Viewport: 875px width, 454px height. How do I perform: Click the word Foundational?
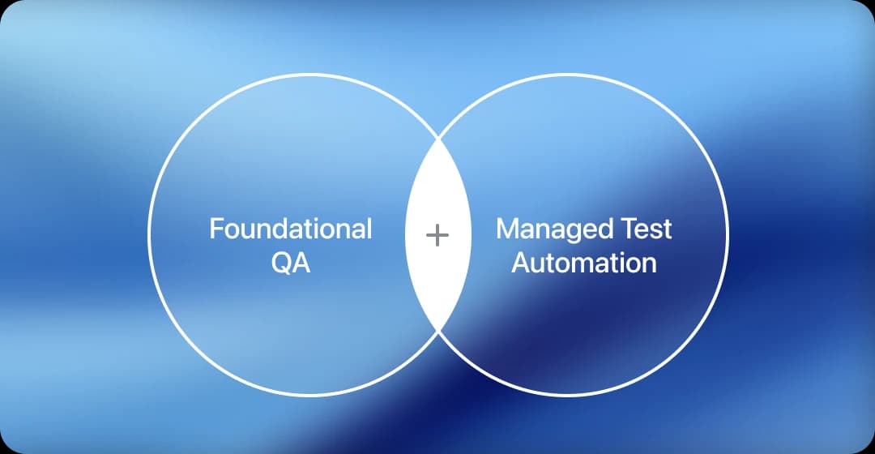(291, 229)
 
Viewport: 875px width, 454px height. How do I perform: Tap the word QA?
(291, 263)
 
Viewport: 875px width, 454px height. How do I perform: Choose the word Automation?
(584, 263)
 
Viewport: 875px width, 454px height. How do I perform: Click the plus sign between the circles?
(437, 236)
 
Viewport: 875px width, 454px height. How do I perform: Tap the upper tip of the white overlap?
(437, 138)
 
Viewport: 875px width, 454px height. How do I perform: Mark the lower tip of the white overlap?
(437, 333)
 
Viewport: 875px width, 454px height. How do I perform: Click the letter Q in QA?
(280, 263)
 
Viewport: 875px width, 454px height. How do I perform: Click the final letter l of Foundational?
(369, 229)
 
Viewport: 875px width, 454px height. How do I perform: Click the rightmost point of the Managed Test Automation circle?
(728, 235)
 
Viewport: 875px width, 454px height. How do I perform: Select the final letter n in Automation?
(648, 265)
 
